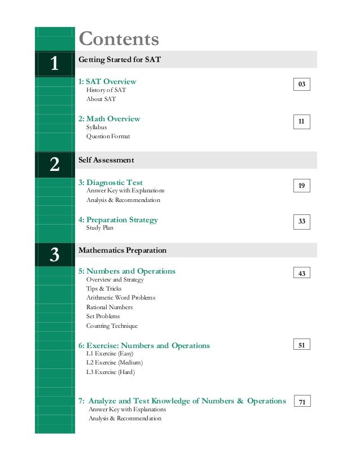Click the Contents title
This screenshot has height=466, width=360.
(119, 39)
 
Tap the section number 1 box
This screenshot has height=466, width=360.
(54, 64)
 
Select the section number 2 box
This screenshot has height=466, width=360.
(54, 165)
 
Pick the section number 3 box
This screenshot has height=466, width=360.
(54, 255)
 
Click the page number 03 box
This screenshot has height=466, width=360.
(302, 85)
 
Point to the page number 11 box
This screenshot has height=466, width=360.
(302, 121)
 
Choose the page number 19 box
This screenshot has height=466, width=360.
(302, 185)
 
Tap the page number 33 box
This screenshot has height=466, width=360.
(302, 222)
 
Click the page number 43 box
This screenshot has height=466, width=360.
(302, 273)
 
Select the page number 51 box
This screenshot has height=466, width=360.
(302, 344)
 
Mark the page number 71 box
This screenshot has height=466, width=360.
(302, 402)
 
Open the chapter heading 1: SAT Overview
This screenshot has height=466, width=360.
(107, 82)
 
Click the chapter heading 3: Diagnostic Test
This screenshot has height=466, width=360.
(111, 183)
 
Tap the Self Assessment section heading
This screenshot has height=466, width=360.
(106, 160)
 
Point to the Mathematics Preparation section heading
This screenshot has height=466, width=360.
(122, 250)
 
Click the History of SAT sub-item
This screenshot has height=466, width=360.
(106, 90)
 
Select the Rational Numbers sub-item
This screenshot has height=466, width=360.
(109, 307)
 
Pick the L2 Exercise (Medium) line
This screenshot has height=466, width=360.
(115, 363)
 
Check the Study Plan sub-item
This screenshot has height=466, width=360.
(100, 228)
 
